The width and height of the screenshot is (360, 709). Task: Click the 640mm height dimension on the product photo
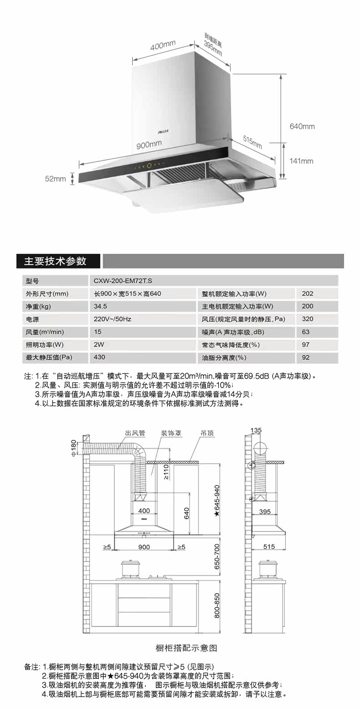[x=302, y=126]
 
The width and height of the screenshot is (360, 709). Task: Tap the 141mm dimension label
[x=302, y=161]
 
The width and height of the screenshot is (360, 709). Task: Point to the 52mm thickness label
[x=55, y=179]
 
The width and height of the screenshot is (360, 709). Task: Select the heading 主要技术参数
[x=55, y=261]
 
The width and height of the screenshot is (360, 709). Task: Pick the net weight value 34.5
[x=100, y=306]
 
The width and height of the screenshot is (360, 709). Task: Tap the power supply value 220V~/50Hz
[x=112, y=319]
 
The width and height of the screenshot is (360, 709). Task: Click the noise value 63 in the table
[x=306, y=332]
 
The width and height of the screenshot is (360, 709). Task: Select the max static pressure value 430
[x=99, y=357]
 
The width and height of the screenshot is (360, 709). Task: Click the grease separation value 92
[x=306, y=357]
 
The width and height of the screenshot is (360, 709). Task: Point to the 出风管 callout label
[x=135, y=433]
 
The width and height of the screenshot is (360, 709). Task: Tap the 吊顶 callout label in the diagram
[x=207, y=433]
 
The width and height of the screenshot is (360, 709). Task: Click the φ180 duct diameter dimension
[x=74, y=448]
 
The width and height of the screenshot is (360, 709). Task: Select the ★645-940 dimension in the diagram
[x=217, y=500]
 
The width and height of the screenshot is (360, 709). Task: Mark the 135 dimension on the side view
[x=256, y=430]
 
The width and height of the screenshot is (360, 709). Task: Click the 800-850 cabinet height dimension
[x=217, y=605]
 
